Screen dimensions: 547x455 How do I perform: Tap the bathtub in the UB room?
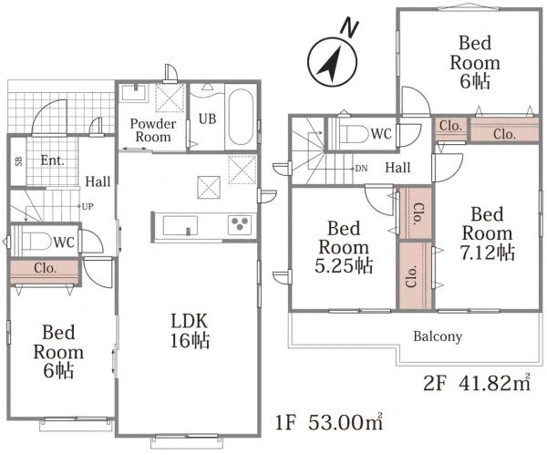point(241,117)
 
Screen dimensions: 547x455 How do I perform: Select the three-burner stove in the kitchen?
point(240,224)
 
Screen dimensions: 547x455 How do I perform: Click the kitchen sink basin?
point(180,226)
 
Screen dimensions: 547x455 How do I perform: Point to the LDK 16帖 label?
point(190,330)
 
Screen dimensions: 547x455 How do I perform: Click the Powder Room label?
point(153,130)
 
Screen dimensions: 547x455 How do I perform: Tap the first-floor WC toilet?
point(36,241)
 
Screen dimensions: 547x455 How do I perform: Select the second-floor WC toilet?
point(352,134)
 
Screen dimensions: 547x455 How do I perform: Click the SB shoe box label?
point(18,160)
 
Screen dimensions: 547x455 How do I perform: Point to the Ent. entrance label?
point(53,160)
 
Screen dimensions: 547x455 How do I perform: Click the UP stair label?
point(88,207)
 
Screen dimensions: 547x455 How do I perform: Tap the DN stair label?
point(361,169)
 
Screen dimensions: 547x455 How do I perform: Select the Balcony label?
point(438,336)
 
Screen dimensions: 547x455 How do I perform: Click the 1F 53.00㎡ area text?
point(329,422)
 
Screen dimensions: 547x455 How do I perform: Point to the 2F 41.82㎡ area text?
point(477,383)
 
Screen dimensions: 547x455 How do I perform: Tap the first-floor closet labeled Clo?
point(45,269)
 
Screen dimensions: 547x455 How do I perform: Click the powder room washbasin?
point(134,92)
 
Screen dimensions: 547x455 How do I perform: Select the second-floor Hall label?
point(397,168)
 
